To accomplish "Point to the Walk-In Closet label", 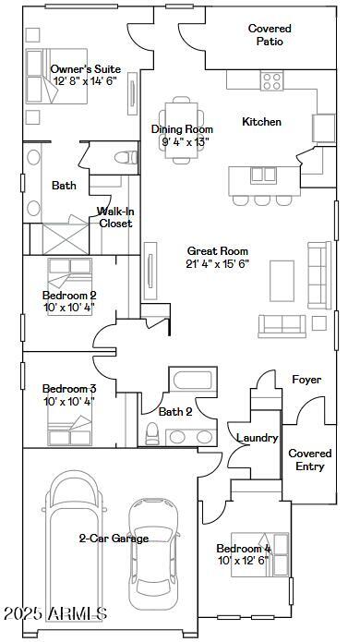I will tap(115, 217).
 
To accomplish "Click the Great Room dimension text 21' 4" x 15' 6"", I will tap(218, 263).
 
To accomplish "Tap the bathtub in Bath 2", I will tap(192, 382).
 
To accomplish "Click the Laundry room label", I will tap(258, 438).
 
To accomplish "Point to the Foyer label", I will tap(306, 380).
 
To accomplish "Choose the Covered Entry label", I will tap(310, 460).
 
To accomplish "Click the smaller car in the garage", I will tap(152, 554).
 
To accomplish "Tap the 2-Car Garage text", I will tap(114, 539).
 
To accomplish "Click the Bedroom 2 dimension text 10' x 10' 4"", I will tap(69, 308).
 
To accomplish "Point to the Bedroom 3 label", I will tap(69, 388).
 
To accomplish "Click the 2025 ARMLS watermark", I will tap(54, 614).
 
